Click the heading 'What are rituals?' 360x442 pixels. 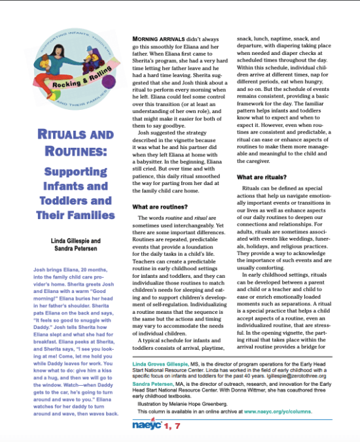tap(261, 177)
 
